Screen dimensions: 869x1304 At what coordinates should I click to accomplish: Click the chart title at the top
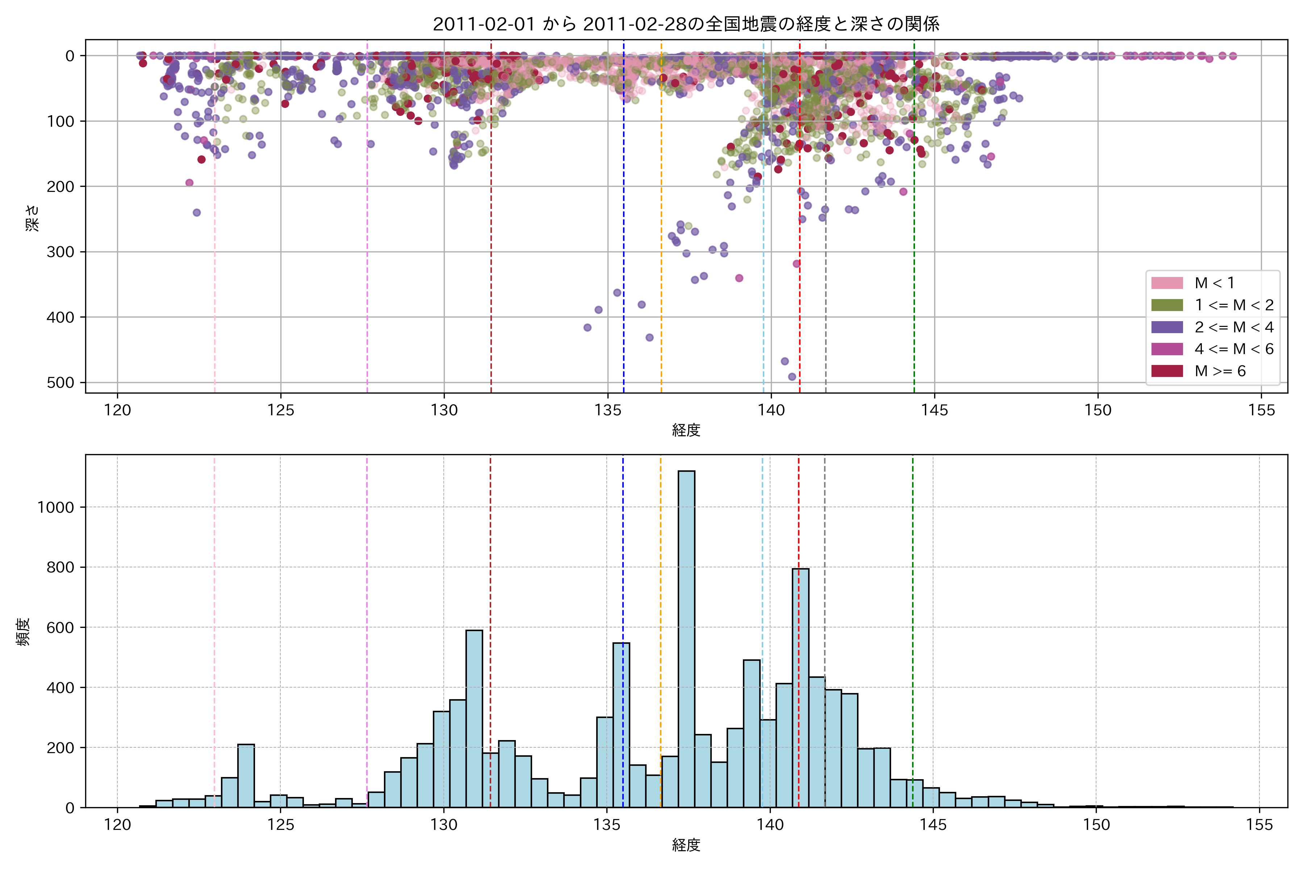(686, 24)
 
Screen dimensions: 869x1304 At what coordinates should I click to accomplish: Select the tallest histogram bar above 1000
(686, 637)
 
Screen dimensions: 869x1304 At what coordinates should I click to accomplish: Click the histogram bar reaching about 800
(800, 687)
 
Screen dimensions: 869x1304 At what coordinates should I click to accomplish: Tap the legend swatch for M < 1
(1167, 283)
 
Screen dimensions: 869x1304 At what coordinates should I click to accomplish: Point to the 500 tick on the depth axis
(62, 382)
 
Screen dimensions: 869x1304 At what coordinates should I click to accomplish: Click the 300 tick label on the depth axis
(62, 252)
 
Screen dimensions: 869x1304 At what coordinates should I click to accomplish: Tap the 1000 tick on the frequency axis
(55, 507)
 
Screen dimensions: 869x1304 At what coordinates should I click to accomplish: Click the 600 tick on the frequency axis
(60, 627)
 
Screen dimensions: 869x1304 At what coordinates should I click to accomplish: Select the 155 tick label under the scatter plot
(1261, 410)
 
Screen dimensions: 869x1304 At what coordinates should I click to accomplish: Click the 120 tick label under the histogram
(117, 825)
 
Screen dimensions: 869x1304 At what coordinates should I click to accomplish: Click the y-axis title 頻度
(23, 632)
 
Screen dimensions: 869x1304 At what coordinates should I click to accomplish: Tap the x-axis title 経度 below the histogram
(686, 845)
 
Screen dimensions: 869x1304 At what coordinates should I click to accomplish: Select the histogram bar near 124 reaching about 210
(246, 776)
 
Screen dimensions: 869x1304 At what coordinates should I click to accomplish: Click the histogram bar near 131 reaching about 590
(474, 718)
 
